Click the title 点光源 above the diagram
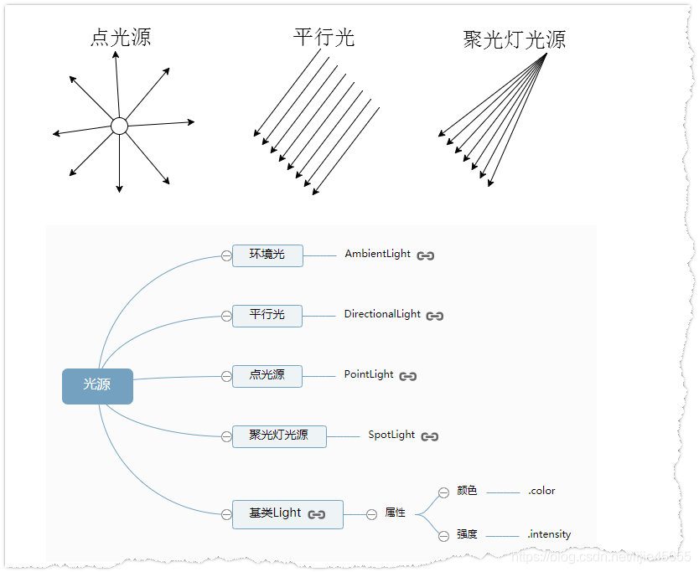pos(121,37)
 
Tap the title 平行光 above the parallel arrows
pos(324,37)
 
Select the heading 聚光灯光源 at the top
pos(514,39)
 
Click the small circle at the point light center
pos(119,126)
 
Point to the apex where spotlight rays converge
pos(546,54)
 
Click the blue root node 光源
pos(97,386)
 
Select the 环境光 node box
pos(267,255)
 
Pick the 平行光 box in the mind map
pos(267,315)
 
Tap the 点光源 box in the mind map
pos(267,375)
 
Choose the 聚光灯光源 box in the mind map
pos(279,435)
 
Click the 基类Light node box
pos(287,513)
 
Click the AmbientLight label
pos(378,254)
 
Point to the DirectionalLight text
pos(382,314)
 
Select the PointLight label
pos(369,374)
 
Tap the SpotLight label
pos(391,435)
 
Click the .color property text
pos(541,491)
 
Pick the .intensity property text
pos(549,534)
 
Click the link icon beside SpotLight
pos(430,436)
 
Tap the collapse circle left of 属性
pos(371,514)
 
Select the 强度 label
pos(467,534)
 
